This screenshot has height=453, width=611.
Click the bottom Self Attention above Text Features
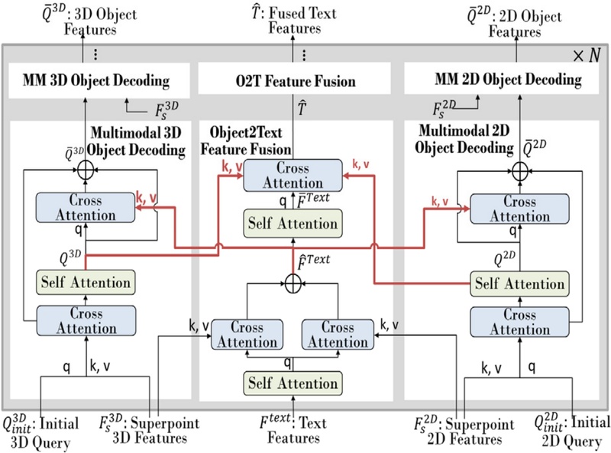(x=294, y=382)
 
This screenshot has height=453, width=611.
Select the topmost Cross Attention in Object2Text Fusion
(x=294, y=176)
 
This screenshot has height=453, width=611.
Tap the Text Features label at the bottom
(x=294, y=429)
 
